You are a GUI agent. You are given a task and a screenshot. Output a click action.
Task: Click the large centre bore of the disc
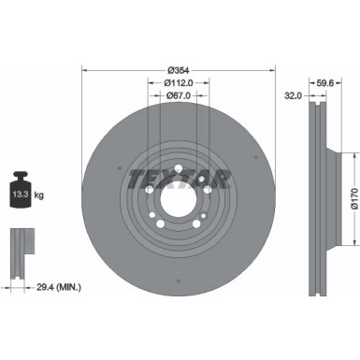click(x=180, y=199)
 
